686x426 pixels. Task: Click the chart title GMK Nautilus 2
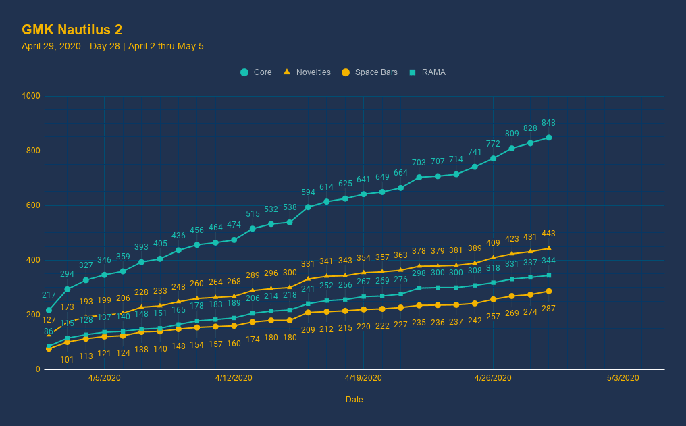click(x=72, y=29)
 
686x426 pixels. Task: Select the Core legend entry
click(x=256, y=72)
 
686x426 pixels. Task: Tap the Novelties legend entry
click(x=307, y=72)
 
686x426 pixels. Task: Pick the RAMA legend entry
click(x=427, y=72)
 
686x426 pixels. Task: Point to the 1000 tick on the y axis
click(x=32, y=97)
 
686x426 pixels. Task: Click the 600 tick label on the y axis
click(x=34, y=206)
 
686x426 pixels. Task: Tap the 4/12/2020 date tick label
click(x=234, y=378)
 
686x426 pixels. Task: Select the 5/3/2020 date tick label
click(x=623, y=378)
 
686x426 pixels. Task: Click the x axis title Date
click(x=354, y=400)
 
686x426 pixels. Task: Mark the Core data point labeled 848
click(x=549, y=138)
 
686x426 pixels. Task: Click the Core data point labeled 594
click(x=308, y=207)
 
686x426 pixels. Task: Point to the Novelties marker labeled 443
click(x=549, y=248)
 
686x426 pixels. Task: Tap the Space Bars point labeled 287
click(x=549, y=291)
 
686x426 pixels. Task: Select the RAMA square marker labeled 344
click(x=549, y=275)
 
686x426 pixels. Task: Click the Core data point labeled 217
click(x=49, y=310)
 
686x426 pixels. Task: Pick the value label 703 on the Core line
click(x=419, y=163)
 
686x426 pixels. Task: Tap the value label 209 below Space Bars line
click(x=308, y=330)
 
